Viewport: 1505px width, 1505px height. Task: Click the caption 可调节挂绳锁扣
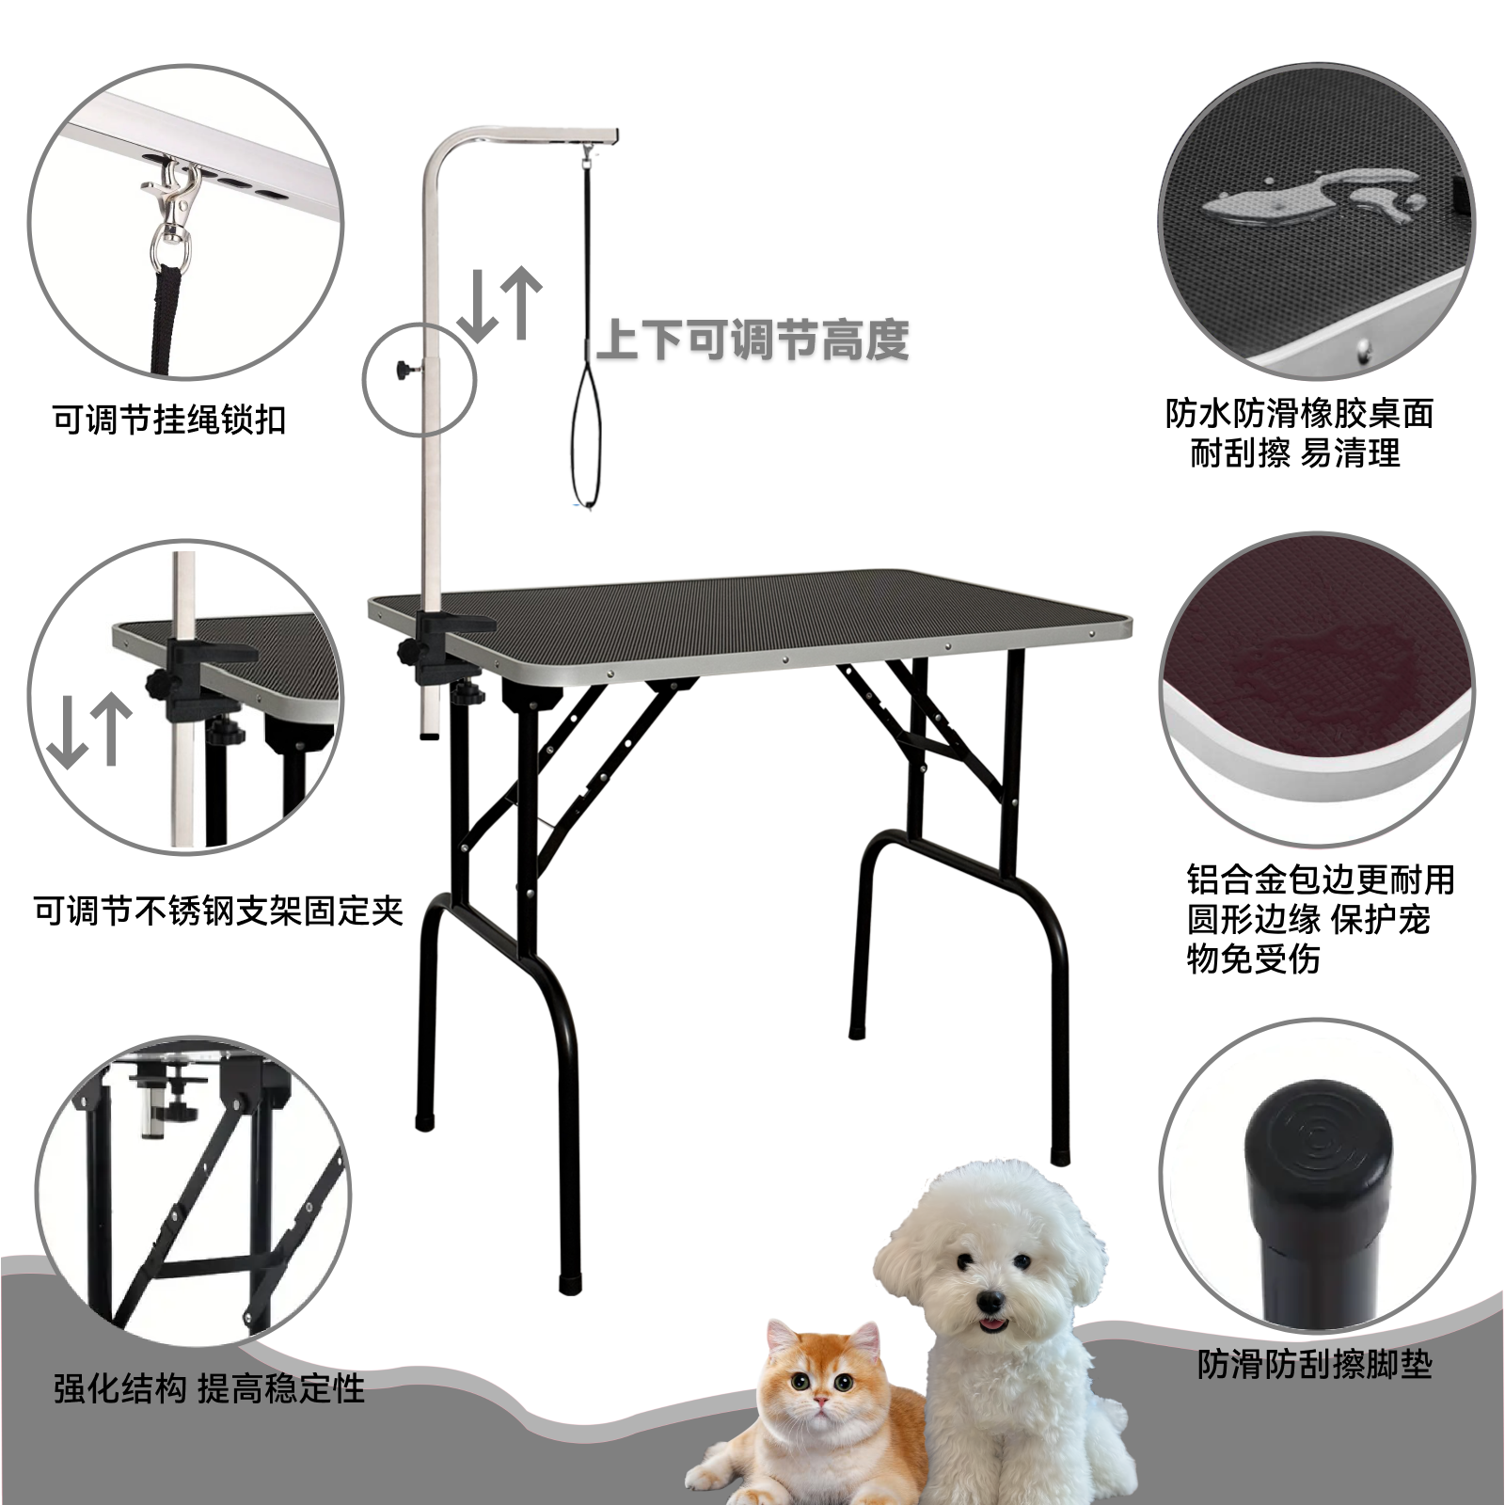coord(169,420)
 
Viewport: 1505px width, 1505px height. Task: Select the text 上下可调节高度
coord(752,340)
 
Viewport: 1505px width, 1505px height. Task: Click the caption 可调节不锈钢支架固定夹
coord(218,911)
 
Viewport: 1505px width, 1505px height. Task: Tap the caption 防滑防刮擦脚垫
coord(1314,1364)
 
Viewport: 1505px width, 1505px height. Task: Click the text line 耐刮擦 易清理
coord(1295,453)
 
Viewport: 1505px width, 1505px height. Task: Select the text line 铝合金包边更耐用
coord(1321,879)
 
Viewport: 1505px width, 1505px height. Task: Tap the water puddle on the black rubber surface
coord(1307,193)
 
